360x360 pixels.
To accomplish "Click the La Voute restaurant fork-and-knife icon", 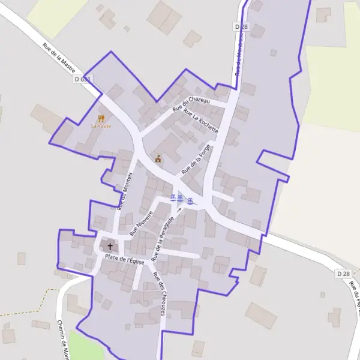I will coord(101,118).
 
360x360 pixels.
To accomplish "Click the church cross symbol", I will coord(110,246).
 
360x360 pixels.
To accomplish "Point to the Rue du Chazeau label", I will coord(191,105).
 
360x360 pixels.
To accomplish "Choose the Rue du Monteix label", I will coord(125,188).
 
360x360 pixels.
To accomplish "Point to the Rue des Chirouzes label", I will coord(159,290).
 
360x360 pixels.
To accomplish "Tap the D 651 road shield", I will coord(83,79).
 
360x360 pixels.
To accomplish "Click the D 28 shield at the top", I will coord(241,27).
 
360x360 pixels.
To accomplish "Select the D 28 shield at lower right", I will coord(343,274).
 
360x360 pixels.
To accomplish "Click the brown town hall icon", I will coord(158,158).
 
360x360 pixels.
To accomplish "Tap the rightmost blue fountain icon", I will coord(190,200).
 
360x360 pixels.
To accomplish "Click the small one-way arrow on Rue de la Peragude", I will coord(179,209).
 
